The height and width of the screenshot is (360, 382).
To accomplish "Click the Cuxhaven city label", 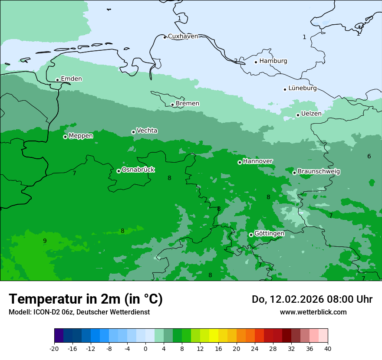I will tap(183, 36).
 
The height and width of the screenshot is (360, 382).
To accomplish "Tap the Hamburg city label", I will tap(273, 61).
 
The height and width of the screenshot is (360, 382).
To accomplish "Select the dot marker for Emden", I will tap(57, 80).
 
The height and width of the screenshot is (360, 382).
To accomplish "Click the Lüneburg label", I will tap(302, 88).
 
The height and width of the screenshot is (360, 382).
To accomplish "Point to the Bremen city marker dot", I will tap(172, 105).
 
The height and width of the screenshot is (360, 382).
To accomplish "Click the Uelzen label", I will tap(311, 114).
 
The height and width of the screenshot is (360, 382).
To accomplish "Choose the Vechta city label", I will tap(147, 131).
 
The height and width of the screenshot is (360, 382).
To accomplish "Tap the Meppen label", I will tap(81, 136).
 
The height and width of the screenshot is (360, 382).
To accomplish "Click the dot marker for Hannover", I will tap(240, 162).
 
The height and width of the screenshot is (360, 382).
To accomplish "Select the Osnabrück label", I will tap(138, 170).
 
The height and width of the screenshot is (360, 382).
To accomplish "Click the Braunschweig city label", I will tap(319, 171).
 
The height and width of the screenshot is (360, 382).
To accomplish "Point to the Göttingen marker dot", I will tap(251, 235).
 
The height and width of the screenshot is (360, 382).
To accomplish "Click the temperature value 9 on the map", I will tap(45, 241).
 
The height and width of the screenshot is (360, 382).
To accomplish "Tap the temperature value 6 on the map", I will tap(369, 156).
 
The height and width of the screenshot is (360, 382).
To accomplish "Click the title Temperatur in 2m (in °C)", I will tap(86, 299).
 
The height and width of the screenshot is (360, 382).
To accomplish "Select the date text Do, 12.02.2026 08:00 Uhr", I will tap(312, 299).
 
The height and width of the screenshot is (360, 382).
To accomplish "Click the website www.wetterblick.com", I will tap(313, 312).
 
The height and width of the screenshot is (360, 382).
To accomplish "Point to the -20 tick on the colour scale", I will tap(54, 349).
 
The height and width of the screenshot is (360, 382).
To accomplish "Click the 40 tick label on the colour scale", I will tap(328, 349).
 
